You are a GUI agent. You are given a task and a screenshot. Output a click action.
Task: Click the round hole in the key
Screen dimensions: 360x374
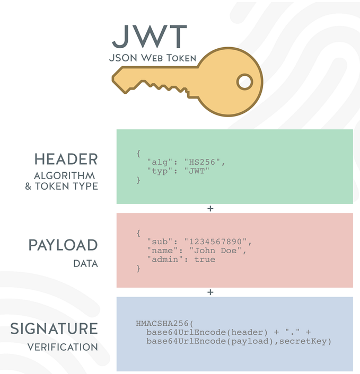point(245,82)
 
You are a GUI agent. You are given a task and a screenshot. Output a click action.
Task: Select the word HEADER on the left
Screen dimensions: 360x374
point(66,159)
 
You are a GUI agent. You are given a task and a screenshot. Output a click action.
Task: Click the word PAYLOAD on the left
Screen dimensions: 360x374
point(63,245)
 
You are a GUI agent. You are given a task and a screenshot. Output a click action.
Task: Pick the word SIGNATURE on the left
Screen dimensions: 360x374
point(55,328)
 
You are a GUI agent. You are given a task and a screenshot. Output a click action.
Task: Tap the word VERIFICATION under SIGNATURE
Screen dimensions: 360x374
point(63,348)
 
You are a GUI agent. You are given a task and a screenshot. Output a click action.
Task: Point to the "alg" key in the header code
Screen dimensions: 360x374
point(160,162)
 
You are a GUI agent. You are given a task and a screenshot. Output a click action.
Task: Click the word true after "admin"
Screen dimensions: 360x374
point(205,260)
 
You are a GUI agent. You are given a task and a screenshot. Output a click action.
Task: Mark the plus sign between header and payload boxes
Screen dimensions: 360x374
point(210,209)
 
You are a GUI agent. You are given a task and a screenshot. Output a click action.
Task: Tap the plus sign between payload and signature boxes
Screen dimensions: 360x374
point(210,292)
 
